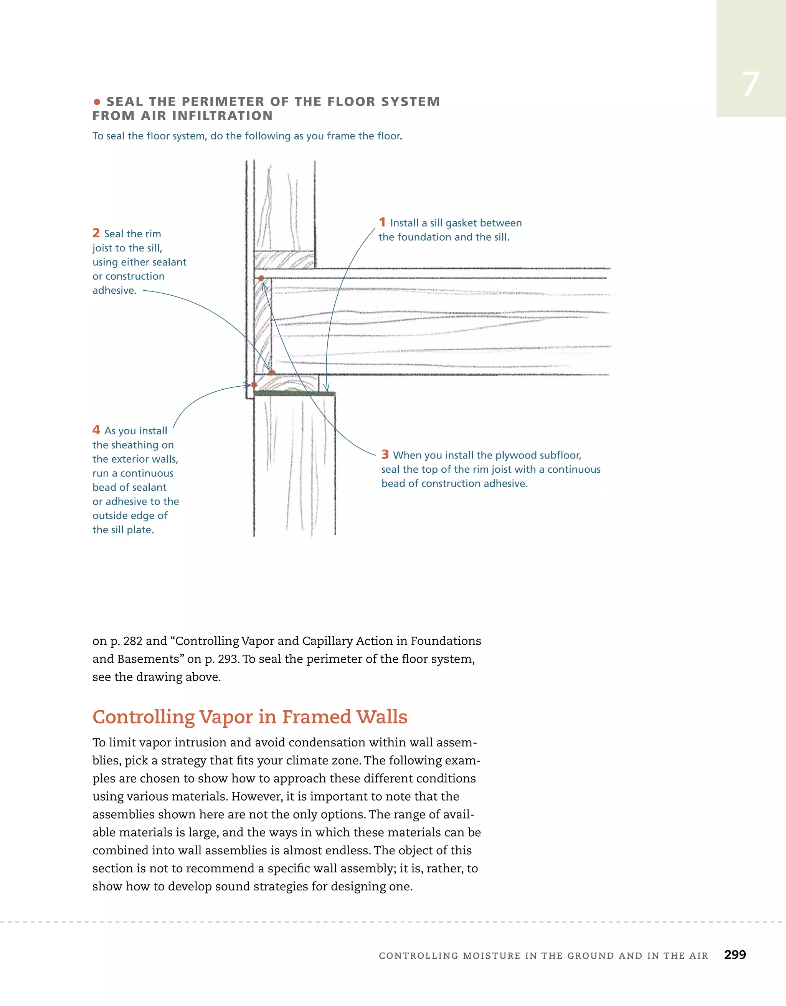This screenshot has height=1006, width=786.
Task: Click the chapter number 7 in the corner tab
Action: [x=751, y=85]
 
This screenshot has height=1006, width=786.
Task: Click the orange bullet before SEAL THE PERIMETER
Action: [x=97, y=102]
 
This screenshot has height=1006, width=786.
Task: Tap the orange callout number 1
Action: [x=382, y=222]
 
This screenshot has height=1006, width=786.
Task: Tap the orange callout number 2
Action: [x=96, y=233]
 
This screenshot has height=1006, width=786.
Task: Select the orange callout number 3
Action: [x=385, y=455]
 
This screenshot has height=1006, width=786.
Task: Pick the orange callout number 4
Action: [x=96, y=430]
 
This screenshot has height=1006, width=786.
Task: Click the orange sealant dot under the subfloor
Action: [x=261, y=278]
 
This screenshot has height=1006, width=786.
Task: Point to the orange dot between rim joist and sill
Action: [x=272, y=372]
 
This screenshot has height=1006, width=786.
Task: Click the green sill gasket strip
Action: [x=295, y=394]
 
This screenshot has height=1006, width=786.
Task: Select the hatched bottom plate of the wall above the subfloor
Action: [x=284, y=260]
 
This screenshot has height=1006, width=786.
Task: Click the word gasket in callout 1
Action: [x=464, y=223]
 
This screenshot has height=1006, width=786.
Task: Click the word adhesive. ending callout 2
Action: [x=114, y=291]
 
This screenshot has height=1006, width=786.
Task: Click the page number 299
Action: [x=735, y=955]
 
